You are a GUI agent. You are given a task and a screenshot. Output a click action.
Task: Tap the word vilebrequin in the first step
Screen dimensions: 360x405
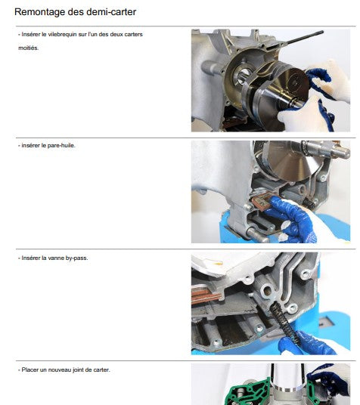[61, 34]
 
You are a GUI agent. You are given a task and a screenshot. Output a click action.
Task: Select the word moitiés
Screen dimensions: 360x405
[28, 48]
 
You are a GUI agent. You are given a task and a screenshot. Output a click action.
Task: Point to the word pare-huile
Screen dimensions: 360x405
[61, 145]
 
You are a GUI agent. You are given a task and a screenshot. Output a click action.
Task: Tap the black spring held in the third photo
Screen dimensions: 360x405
[284, 323]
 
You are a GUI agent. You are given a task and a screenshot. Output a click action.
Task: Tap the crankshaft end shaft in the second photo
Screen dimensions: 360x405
[326, 149]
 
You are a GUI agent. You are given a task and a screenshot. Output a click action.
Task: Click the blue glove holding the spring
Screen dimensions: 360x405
[306, 343]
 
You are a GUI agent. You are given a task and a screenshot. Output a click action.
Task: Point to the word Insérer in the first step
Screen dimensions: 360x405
[30, 34]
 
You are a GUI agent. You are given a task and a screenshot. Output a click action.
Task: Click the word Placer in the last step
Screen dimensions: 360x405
[30, 370]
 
